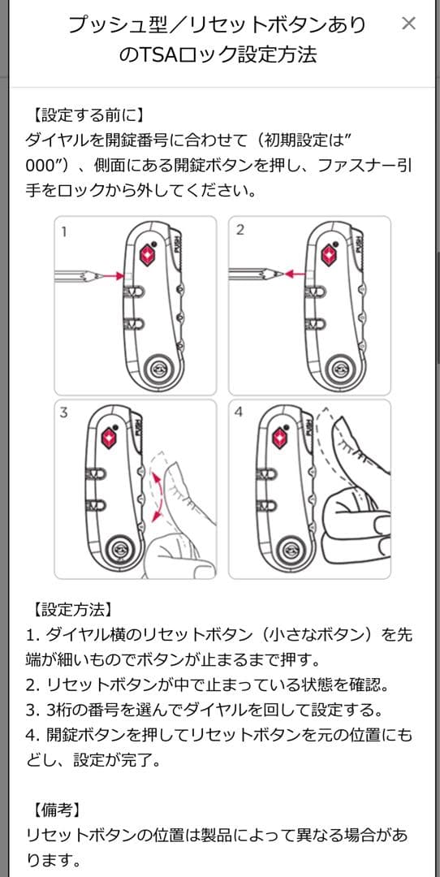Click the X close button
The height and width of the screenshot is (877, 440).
click(x=408, y=24)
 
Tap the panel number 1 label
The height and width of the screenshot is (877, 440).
click(x=64, y=231)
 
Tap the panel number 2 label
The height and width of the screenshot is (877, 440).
click(x=240, y=230)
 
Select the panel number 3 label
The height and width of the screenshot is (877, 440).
click(x=64, y=413)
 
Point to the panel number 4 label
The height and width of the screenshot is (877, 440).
click(x=239, y=413)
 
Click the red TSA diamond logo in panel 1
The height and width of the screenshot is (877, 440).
click(x=146, y=255)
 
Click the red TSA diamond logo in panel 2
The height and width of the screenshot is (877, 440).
click(x=329, y=255)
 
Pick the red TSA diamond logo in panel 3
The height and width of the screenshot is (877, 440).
click(x=110, y=438)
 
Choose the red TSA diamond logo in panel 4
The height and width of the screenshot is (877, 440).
click(x=281, y=438)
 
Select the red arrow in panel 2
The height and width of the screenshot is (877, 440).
click(x=295, y=274)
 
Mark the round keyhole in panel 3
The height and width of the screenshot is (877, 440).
click(x=119, y=551)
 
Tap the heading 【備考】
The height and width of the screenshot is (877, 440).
click(x=57, y=810)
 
